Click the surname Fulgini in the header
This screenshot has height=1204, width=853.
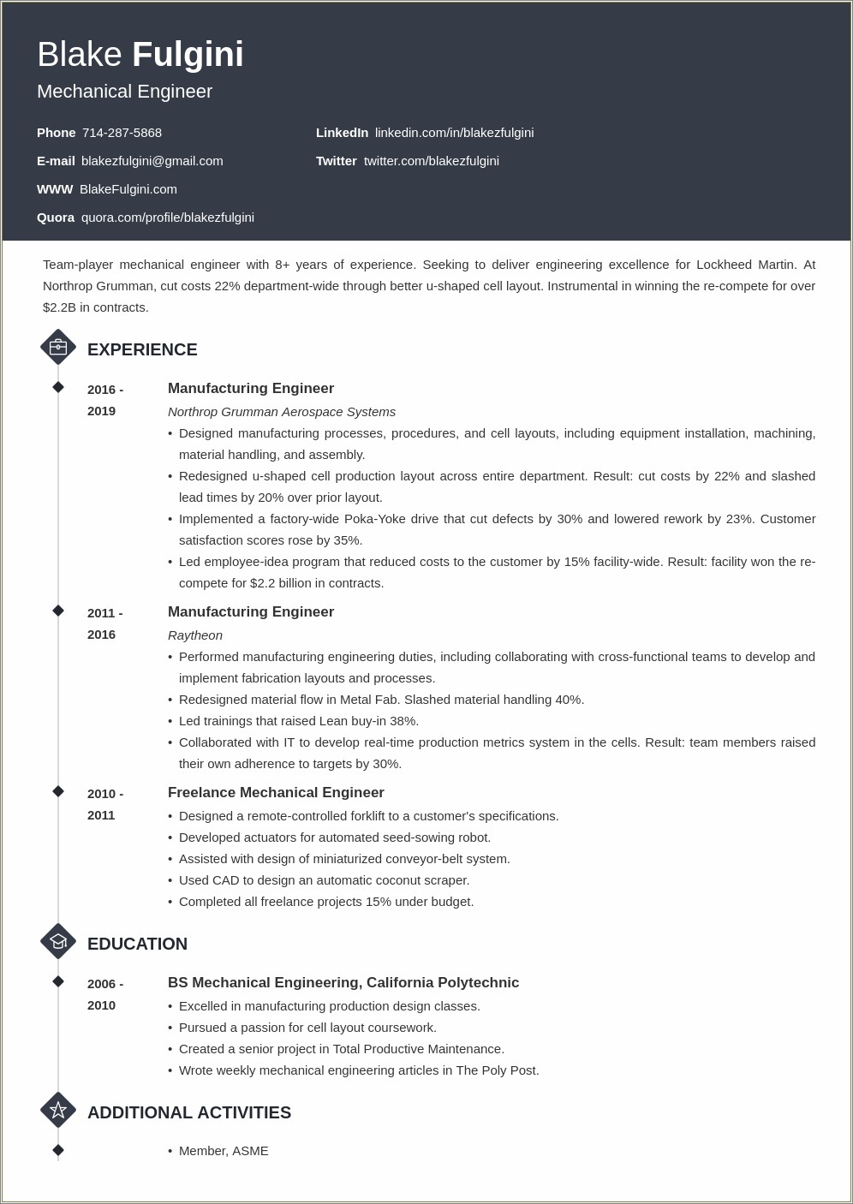pyautogui.click(x=188, y=55)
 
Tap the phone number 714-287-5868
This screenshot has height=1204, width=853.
pyautogui.click(x=122, y=133)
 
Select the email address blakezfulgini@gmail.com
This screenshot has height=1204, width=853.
pyautogui.click(x=152, y=161)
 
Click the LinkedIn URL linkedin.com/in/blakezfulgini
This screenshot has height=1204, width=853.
pyautogui.click(x=454, y=133)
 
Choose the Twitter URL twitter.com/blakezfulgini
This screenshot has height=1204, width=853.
pyautogui.click(x=431, y=161)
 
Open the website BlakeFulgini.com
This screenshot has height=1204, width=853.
pyautogui.click(x=128, y=189)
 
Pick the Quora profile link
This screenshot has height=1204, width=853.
pyautogui.click(x=167, y=218)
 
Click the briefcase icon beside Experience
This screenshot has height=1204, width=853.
pyautogui.click(x=58, y=347)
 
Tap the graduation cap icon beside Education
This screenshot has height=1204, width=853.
pyautogui.click(x=58, y=941)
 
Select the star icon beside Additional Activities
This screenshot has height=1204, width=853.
pyautogui.click(x=58, y=1110)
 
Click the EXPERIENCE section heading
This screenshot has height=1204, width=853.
pyautogui.click(x=142, y=349)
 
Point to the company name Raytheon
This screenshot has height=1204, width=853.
pyautogui.click(x=195, y=635)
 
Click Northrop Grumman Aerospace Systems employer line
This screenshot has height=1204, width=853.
pyautogui.click(x=282, y=412)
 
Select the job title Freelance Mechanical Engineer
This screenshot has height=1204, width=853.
pyautogui.click(x=276, y=793)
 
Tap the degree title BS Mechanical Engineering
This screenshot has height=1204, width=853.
pyautogui.click(x=264, y=983)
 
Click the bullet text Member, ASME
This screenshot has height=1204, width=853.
pyautogui.click(x=224, y=1151)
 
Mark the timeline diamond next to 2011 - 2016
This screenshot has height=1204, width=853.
pyautogui.click(x=58, y=611)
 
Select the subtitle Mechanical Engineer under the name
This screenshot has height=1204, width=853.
pyautogui.click(x=125, y=92)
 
